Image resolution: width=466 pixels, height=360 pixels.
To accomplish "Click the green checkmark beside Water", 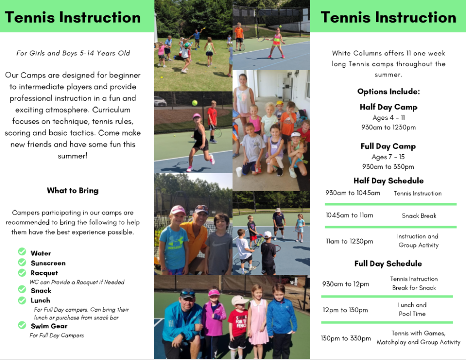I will pos(22,252).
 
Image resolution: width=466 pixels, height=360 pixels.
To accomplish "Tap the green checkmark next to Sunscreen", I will pos(22,262).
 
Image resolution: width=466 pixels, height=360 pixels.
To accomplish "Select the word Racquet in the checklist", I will pos(44,273).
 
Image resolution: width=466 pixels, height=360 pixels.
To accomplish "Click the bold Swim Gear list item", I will pos(49,326).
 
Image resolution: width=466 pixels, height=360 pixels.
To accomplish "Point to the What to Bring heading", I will pos(72,191).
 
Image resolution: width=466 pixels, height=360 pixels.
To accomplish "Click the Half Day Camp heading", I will pos(388,107).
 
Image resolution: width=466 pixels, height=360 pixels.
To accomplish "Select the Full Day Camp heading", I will pos(388,146).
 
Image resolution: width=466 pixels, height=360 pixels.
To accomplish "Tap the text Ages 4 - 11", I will pos(388,117).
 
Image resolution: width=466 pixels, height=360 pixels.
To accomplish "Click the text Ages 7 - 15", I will pos(388,157).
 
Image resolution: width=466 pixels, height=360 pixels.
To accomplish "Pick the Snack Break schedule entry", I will pos(419,216).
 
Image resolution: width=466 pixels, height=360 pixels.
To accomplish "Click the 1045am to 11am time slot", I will pos(349,215).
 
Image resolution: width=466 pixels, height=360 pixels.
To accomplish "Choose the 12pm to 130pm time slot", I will pos(345,310).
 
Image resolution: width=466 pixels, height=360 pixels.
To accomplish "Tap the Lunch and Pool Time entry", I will pos(412,309).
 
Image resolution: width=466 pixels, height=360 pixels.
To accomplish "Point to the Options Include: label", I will pos(388,91).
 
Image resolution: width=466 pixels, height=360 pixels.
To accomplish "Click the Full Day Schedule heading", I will pos(388,264).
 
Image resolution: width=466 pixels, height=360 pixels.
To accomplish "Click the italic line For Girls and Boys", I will pos(73,53).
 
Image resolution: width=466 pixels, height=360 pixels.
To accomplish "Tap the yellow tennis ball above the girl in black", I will pos(195,103).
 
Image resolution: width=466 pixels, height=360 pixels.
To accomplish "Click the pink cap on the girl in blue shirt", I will pos(177,210).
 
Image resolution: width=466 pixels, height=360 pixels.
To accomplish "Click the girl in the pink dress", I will pos(257,319).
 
